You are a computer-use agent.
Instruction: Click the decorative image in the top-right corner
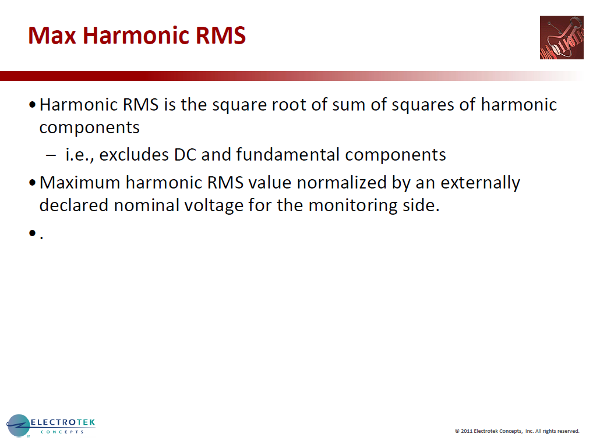[x=561, y=37]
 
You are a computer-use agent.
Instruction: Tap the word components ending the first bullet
[x=89, y=127]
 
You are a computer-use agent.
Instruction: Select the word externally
[x=480, y=183]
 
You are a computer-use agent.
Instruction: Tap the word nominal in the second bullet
[x=151, y=205]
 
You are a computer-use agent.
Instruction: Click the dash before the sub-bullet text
[x=51, y=155]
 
